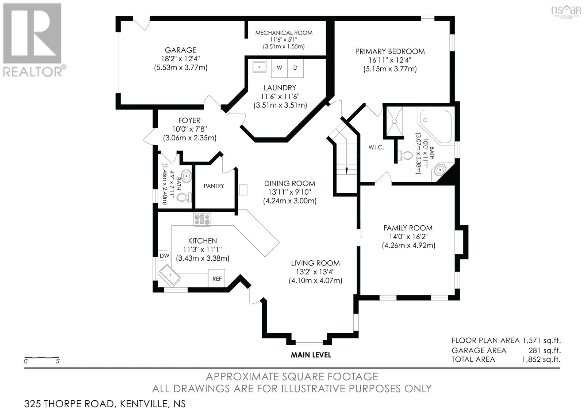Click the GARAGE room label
click(180, 50)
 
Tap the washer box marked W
click(279, 68)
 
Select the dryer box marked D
click(295, 68)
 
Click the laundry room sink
click(260, 66)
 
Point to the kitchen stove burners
click(202, 219)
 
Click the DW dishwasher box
click(164, 256)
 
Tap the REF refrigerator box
click(217, 279)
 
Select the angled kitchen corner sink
click(169, 276)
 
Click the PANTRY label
click(214, 186)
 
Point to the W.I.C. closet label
click(376, 147)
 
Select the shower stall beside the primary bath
click(395, 121)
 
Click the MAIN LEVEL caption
click(311, 355)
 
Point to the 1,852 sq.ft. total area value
click(541, 359)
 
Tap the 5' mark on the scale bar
click(58, 361)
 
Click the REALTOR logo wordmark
click(33, 71)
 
